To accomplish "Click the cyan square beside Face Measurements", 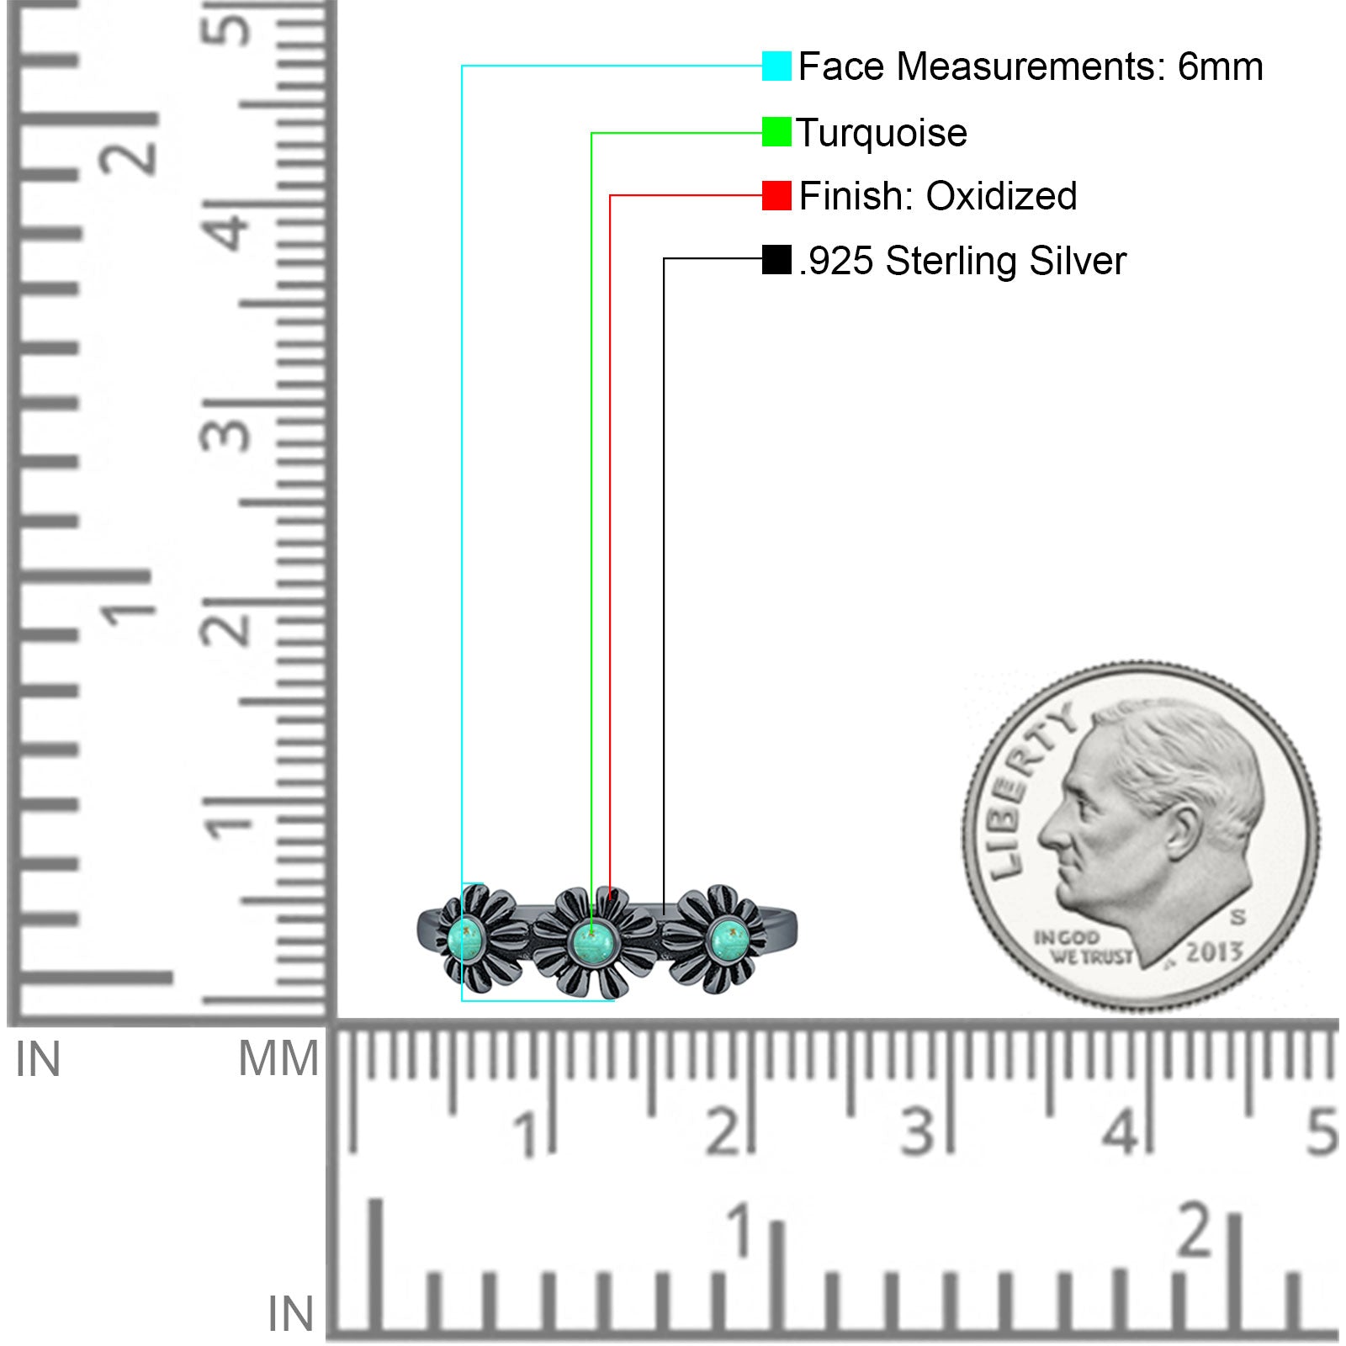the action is (776, 66).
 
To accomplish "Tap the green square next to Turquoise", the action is (776, 132).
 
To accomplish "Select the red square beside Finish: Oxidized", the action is (776, 195).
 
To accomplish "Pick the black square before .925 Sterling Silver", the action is (776, 259).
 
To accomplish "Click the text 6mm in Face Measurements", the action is (1220, 66).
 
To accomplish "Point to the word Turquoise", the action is (882, 134).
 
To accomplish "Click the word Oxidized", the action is (1001, 196).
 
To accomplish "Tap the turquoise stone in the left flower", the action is (465, 939).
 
